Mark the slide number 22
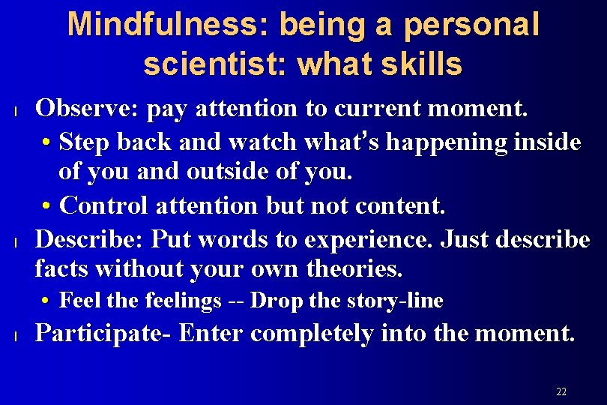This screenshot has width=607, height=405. [561, 391]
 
